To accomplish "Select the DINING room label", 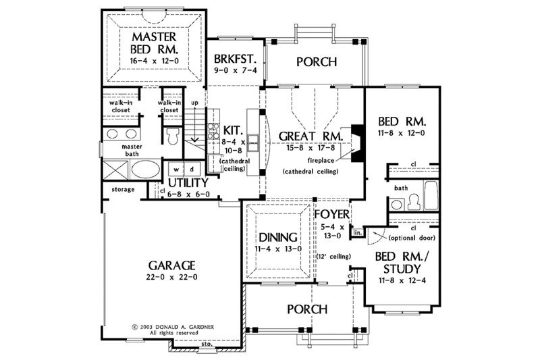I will [x=277, y=237].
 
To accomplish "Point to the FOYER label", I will [x=331, y=214].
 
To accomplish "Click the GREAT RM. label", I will [x=311, y=135].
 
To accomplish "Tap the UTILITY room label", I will [x=188, y=182].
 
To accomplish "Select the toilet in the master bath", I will [x=171, y=137].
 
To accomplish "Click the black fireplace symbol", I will [x=358, y=141].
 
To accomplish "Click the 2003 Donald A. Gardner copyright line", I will [x=173, y=326].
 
